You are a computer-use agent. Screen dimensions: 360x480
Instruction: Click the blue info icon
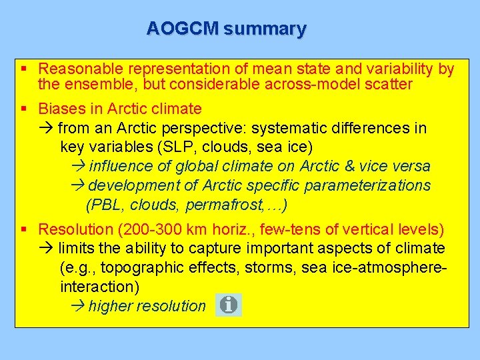tap(229, 305)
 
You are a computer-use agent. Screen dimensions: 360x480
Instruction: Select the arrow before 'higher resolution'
tap(77, 306)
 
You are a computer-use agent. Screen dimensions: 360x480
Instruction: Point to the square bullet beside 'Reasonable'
tap(24, 69)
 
